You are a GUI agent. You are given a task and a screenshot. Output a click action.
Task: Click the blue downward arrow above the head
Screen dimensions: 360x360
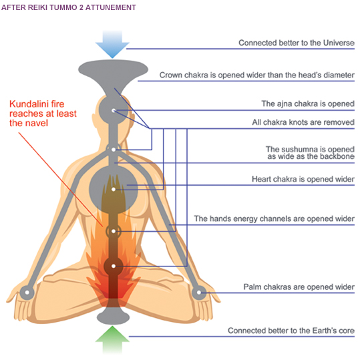(x=112, y=44)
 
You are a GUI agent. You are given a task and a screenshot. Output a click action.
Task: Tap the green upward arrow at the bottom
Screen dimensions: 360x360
(x=112, y=340)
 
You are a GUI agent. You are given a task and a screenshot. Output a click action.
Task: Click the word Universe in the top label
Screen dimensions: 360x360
(x=339, y=43)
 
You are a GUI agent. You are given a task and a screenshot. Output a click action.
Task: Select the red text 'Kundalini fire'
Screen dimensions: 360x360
(x=37, y=104)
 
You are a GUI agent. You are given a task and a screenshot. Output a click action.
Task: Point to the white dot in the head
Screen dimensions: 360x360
(x=114, y=111)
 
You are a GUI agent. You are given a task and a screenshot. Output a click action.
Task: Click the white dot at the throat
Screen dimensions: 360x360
(x=114, y=150)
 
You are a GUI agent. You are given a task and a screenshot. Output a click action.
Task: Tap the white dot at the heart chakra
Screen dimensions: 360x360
(x=114, y=190)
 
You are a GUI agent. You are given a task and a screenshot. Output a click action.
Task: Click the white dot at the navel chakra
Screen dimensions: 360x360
(x=114, y=231)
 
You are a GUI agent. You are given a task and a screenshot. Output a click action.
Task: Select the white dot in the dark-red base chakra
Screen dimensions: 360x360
(x=114, y=266)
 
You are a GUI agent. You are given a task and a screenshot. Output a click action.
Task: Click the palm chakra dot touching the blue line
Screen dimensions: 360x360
(x=199, y=293)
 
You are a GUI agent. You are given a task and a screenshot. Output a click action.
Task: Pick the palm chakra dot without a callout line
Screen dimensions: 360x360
(x=27, y=293)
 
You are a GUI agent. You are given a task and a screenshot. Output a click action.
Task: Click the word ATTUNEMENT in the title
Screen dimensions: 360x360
(x=111, y=7)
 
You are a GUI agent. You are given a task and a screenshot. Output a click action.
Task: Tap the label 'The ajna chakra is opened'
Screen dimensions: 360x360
(x=308, y=104)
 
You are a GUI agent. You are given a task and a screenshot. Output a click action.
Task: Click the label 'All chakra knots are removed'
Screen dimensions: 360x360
(x=303, y=122)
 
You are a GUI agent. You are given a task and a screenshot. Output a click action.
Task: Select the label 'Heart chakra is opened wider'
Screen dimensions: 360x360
(x=303, y=179)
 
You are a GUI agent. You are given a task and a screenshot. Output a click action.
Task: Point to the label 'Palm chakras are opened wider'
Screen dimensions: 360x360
(x=299, y=287)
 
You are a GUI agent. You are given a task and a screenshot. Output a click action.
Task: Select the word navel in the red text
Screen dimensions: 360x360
(x=37, y=124)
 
